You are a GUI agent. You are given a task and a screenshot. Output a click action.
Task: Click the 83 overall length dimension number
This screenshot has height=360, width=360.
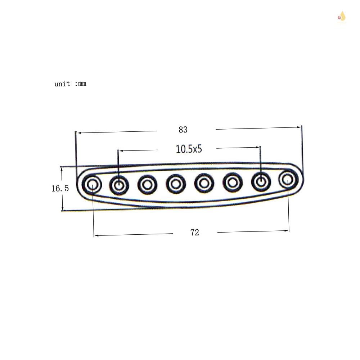(x=183, y=130)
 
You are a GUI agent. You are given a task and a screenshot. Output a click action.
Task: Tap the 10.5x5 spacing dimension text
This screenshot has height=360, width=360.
(x=189, y=149)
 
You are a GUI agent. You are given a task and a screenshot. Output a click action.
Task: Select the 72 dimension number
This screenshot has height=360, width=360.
(x=194, y=233)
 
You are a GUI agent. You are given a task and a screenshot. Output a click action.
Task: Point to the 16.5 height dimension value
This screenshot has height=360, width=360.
(x=60, y=188)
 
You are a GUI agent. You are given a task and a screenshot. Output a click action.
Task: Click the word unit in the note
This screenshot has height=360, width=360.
(x=62, y=84)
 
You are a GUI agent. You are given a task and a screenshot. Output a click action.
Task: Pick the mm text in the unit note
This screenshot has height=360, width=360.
(x=82, y=84)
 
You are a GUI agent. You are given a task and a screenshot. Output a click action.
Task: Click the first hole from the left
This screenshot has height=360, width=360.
(x=92, y=185)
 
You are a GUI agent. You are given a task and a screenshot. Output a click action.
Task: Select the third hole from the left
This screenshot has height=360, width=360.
(x=147, y=184)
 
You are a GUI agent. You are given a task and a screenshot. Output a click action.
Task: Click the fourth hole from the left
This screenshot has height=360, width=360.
(x=176, y=184)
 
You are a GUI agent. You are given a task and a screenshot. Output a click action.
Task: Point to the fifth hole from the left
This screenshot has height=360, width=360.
(x=204, y=183)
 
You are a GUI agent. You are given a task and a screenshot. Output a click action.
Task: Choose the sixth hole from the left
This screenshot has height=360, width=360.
(x=233, y=182)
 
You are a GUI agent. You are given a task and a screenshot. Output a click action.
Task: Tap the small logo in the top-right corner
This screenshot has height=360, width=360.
(x=342, y=17)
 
